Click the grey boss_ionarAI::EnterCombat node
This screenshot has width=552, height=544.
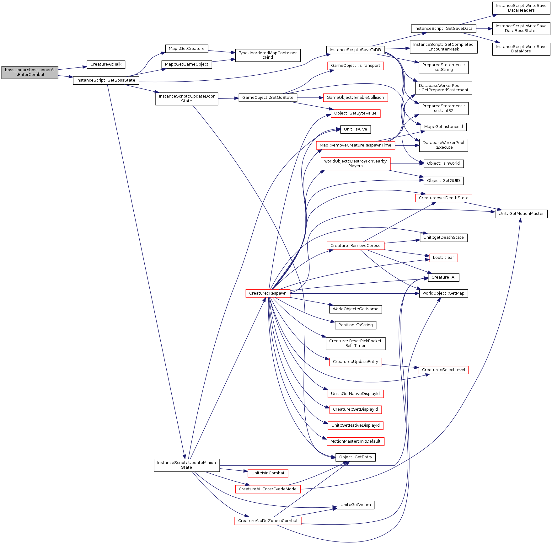(x=30, y=72)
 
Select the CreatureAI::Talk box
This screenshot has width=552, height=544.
(x=106, y=65)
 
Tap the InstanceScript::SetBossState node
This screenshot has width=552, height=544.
(x=106, y=81)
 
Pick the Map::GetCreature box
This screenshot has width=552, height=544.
(x=187, y=49)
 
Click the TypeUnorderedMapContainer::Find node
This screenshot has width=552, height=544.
(x=268, y=55)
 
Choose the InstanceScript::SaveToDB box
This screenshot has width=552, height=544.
(x=355, y=50)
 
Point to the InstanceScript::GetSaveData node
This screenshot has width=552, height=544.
(x=443, y=29)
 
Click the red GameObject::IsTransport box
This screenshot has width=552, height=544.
(x=356, y=66)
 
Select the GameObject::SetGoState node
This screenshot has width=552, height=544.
(x=268, y=98)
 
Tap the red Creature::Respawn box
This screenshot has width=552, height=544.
(x=268, y=293)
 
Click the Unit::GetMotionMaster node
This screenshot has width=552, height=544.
(x=521, y=214)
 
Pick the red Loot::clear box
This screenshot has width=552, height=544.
(x=443, y=258)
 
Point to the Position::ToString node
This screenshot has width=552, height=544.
(x=356, y=325)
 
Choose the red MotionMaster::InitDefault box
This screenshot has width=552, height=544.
(x=356, y=441)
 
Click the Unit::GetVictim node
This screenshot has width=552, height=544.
(x=356, y=505)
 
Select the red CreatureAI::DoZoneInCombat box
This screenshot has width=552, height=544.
(x=268, y=521)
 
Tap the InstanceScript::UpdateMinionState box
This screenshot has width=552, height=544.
(x=187, y=465)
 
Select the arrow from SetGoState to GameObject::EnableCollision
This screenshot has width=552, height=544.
(x=310, y=98)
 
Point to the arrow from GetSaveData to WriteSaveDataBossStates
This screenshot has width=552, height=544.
(x=484, y=29)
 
